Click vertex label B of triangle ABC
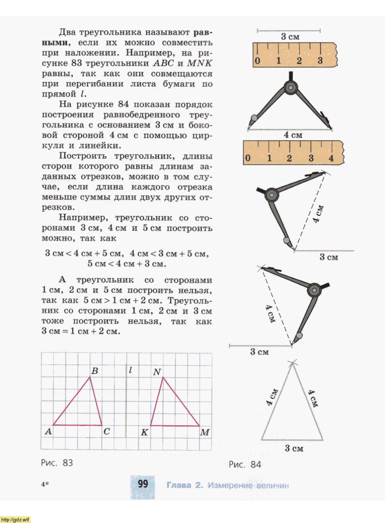[94, 371]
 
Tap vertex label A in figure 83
[48, 431]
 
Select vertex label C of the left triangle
[106, 432]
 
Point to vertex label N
[156, 372]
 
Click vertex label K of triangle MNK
[144, 432]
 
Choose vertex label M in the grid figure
[205, 432]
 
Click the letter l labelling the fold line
[130, 370]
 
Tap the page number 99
[143, 483]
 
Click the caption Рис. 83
[57, 463]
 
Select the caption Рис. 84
[245, 464]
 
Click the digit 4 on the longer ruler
[331, 158]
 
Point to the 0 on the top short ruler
[257, 61]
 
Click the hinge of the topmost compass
[291, 87]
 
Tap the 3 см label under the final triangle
[294, 448]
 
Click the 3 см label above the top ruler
[290, 37]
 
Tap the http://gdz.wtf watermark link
[15, 519]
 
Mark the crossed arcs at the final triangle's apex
[293, 363]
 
